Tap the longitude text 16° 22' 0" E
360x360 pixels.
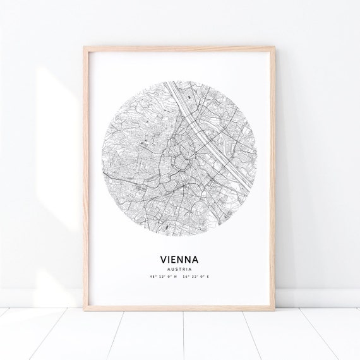pyautogui.click(x=198, y=277)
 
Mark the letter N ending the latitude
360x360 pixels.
pyautogui.click(x=175, y=277)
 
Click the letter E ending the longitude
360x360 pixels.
pyautogui.click(x=208, y=277)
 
